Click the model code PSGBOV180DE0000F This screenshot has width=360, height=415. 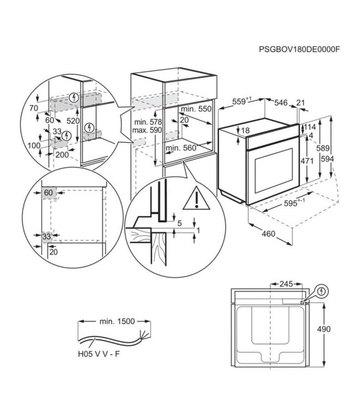pyautogui.click(x=299, y=49)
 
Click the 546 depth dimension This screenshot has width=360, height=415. pyautogui.click(x=281, y=102)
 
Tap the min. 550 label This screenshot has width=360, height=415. pyautogui.click(x=196, y=110)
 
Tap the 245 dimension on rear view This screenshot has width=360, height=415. pyautogui.click(x=286, y=284)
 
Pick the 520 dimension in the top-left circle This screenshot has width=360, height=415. pyautogui.click(x=73, y=121)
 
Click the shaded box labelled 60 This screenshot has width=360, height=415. pyautogui.click(x=48, y=192)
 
